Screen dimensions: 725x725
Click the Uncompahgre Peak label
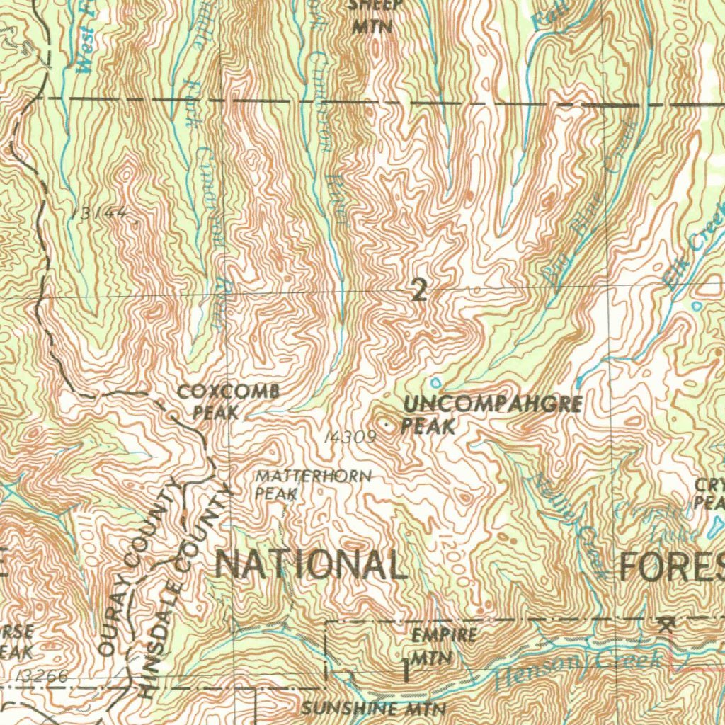[491, 416]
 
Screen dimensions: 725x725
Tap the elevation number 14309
[348, 438]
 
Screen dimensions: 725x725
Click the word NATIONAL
[311, 565]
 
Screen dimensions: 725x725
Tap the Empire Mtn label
[434, 645]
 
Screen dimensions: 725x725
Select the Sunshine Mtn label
[373, 709]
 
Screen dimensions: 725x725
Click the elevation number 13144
[103, 213]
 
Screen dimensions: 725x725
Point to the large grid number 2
[420, 290]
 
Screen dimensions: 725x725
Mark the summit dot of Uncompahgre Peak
[386, 425]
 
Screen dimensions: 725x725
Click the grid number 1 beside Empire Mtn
[406, 670]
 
